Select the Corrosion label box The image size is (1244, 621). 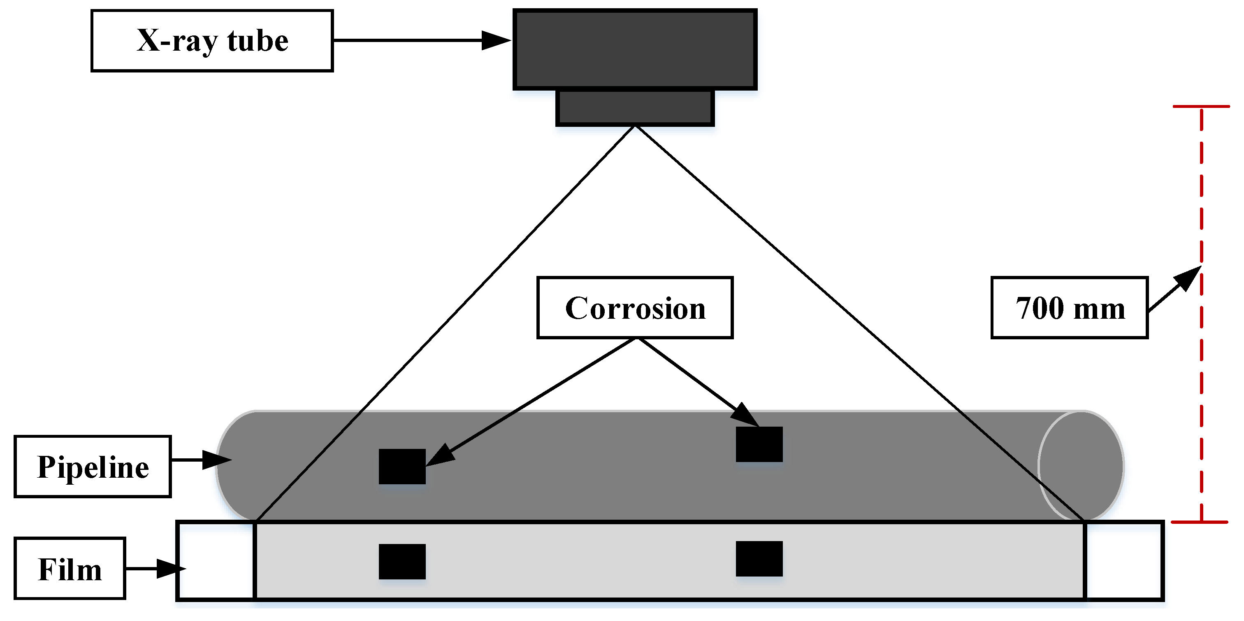(x=635, y=308)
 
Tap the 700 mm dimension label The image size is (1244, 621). (x=1069, y=308)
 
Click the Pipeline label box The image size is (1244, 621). (x=93, y=466)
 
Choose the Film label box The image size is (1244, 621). (x=70, y=568)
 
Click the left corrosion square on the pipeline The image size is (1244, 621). (x=402, y=466)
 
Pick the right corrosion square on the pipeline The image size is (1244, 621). (x=759, y=444)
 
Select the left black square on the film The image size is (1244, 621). (x=402, y=562)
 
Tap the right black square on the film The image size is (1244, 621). (x=759, y=559)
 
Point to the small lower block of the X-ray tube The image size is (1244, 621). (x=635, y=107)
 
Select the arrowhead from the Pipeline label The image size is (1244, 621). (x=217, y=460)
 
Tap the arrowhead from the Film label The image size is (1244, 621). (x=172, y=569)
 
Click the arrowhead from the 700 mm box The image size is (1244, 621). (x=1188, y=278)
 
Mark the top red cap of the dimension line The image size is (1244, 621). (x=1201, y=106)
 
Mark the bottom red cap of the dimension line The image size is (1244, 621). (x=1200, y=522)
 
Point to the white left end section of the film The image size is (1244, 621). (x=216, y=560)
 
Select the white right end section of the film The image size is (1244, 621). (x=1124, y=560)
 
